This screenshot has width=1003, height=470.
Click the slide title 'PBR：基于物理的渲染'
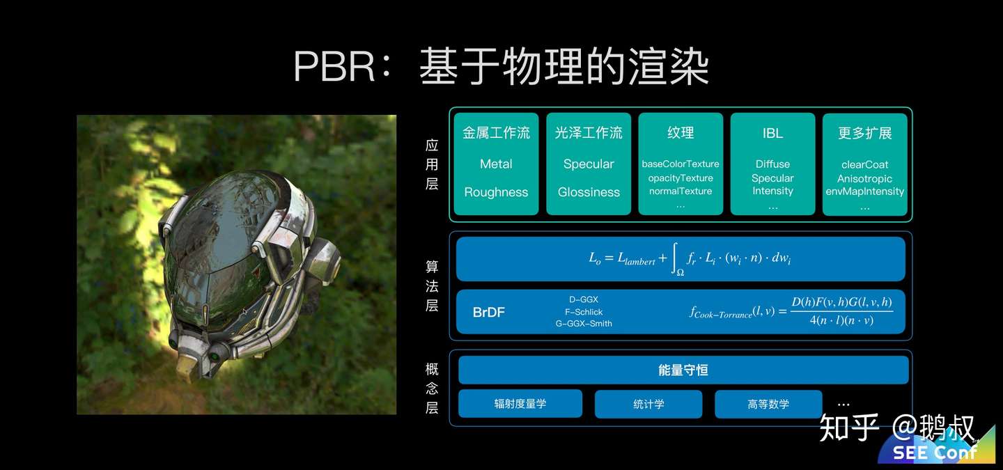pyautogui.click(x=501, y=68)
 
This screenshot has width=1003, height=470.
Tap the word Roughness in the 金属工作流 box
pyautogui.click(x=496, y=192)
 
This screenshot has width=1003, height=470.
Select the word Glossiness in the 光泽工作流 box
pyautogui.click(x=589, y=192)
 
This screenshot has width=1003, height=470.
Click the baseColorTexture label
pyautogui.click(x=681, y=164)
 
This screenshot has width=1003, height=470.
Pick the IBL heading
pyautogui.click(x=772, y=133)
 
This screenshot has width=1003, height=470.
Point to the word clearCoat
pyautogui.click(x=864, y=165)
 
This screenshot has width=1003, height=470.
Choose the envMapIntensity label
pyautogui.click(x=864, y=191)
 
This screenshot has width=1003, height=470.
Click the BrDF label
pyautogui.click(x=488, y=313)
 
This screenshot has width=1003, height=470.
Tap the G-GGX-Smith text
pyautogui.click(x=584, y=324)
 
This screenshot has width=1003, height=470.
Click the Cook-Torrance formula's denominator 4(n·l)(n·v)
pyautogui.click(x=841, y=321)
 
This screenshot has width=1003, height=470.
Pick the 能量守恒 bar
pyautogui.click(x=683, y=370)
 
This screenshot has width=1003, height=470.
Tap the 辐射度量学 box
pyautogui.click(x=520, y=404)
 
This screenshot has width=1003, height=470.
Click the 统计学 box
pyautogui.click(x=648, y=404)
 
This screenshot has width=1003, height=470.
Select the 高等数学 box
pyautogui.click(x=768, y=404)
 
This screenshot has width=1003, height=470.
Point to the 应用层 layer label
pyautogui.click(x=432, y=164)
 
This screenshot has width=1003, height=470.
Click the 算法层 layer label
pyautogui.click(x=432, y=285)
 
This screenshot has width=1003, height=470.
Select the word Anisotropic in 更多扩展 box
pyautogui.click(x=864, y=178)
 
